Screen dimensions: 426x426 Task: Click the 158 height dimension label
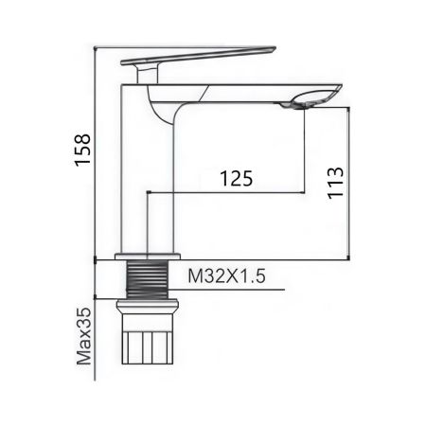tap(83, 151)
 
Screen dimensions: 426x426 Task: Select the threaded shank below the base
tap(148, 279)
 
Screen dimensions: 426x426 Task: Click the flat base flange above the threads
tap(148, 257)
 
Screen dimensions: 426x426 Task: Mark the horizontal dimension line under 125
tap(227, 193)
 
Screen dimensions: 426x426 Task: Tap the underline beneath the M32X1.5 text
tap(227, 290)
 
